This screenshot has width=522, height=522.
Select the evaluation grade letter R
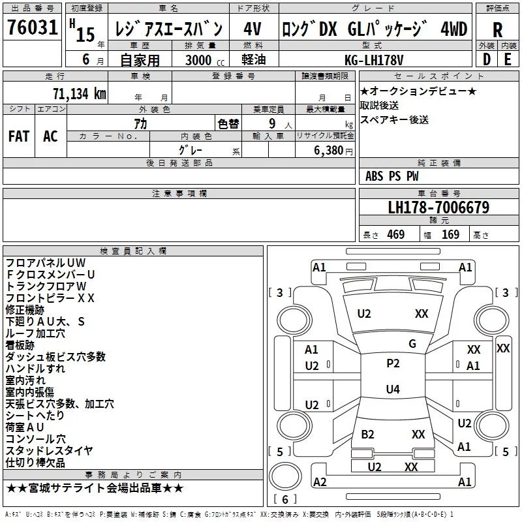pyautogui.click(x=497, y=29)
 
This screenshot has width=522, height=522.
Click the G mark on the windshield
pyautogui.click(x=412, y=344)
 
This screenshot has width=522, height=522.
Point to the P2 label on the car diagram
pyautogui.click(x=393, y=364)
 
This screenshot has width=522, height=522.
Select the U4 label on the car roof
pyautogui.click(x=393, y=390)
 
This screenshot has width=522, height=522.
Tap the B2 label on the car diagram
pyautogui.click(x=368, y=435)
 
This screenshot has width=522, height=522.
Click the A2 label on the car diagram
pyautogui.click(x=320, y=482)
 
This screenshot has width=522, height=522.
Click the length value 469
pyautogui.click(x=395, y=235)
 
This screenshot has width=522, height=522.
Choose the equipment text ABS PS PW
pyautogui.click(x=392, y=176)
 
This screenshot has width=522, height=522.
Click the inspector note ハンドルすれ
pyautogui.click(x=35, y=369)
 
